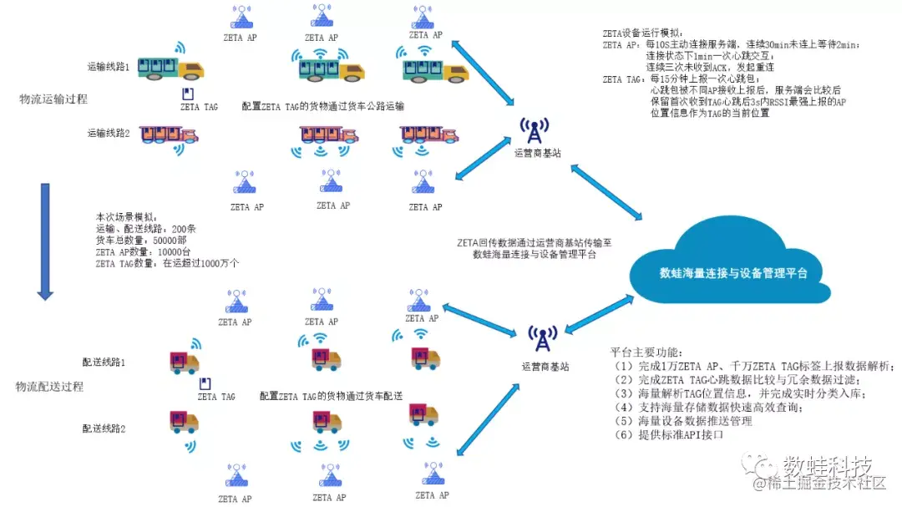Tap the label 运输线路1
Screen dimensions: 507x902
(x=109, y=66)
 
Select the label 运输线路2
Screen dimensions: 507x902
(x=109, y=132)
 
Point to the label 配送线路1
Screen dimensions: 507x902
(x=104, y=363)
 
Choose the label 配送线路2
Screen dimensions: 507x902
(x=104, y=428)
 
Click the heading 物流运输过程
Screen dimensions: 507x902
(x=53, y=99)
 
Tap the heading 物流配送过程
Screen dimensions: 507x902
(x=49, y=387)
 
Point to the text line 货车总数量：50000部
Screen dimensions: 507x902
(x=139, y=240)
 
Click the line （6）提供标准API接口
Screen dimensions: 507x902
(x=666, y=435)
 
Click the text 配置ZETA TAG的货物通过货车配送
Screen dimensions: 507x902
(x=331, y=396)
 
